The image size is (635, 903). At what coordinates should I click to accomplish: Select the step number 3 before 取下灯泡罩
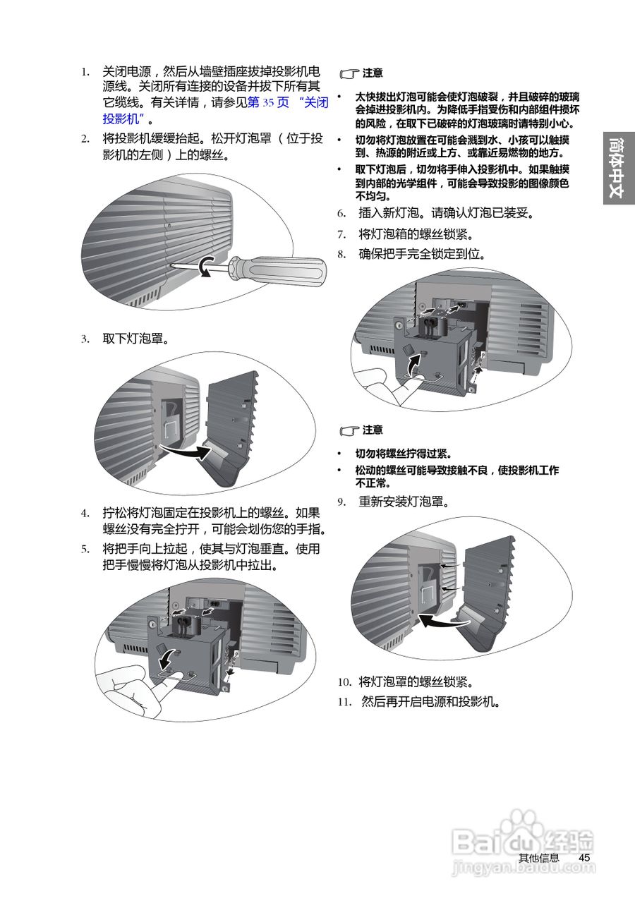point(85,339)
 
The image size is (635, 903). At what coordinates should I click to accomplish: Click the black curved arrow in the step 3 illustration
point(185,451)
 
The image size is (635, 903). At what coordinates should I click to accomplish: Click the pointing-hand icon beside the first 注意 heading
point(349,73)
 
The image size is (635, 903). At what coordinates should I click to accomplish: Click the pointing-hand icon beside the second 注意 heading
point(349,430)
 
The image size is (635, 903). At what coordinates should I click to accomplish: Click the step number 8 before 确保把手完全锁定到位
point(341,254)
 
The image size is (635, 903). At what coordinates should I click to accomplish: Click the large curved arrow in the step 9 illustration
point(443,621)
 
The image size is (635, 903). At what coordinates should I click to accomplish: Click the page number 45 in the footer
point(583,857)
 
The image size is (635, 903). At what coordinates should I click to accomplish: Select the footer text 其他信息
point(538,858)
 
